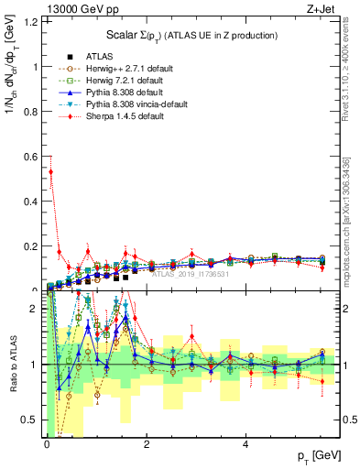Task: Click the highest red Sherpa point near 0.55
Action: pyautogui.click(x=50, y=171)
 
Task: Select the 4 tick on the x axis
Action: pyautogui.click(x=245, y=446)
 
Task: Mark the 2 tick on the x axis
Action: pyautogui.click(x=147, y=446)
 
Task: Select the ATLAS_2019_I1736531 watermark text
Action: pyautogui.click(x=188, y=273)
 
